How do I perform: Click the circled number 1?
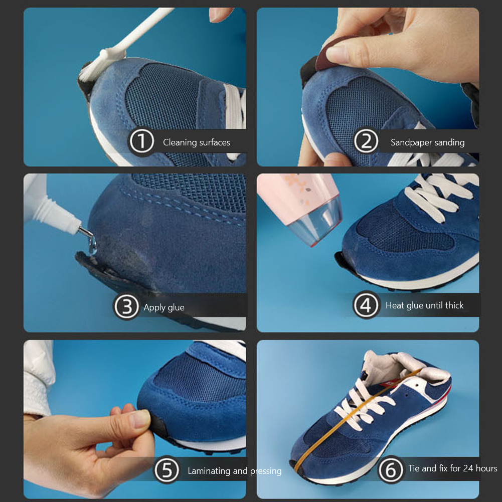click(x=141, y=142)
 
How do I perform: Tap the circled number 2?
click(x=366, y=142)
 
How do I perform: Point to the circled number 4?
click(x=366, y=305)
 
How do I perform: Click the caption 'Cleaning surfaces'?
click(x=196, y=142)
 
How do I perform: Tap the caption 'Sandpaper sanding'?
click(x=427, y=142)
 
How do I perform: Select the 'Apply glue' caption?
click(x=164, y=307)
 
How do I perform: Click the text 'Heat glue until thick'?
click(x=424, y=305)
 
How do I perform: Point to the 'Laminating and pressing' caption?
click(x=234, y=471)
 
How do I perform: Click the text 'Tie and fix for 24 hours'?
click(x=452, y=468)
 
